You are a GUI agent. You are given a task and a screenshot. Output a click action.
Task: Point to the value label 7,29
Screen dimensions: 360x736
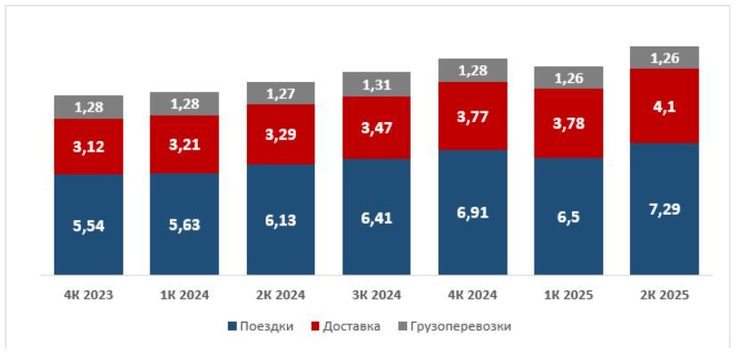pyautogui.click(x=664, y=209)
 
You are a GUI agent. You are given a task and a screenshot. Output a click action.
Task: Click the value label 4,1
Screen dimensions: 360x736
pyautogui.click(x=664, y=105)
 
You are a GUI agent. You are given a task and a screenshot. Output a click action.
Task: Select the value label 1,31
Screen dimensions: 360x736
pyautogui.click(x=377, y=86)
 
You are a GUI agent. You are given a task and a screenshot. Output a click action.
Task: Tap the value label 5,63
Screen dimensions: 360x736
pyautogui.click(x=184, y=225)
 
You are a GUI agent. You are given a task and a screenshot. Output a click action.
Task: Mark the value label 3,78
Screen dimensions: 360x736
pyautogui.click(x=568, y=122)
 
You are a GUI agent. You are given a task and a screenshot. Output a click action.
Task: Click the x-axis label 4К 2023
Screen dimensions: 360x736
pyautogui.click(x=88, y=295)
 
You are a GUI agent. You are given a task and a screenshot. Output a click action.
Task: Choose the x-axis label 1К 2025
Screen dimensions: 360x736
pyautogui.click(x=568, y=295)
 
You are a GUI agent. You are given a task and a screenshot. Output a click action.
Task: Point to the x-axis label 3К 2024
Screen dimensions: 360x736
pyautogui.click(x=377, y=295)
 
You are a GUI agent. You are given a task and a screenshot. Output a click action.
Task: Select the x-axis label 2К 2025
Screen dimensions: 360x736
pyautogui.click(x=664, y=295)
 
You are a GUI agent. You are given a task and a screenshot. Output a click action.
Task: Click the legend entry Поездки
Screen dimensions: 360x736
pyautogui.click(x=262, y=326)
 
